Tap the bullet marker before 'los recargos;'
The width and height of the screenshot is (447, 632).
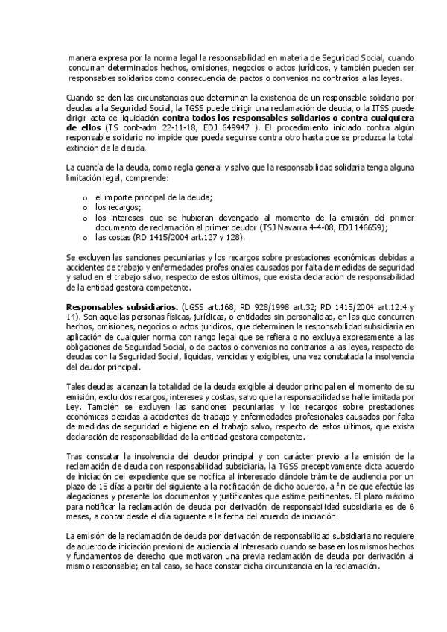pos(86,206)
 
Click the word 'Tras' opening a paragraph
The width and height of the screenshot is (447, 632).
pos(76,454)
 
